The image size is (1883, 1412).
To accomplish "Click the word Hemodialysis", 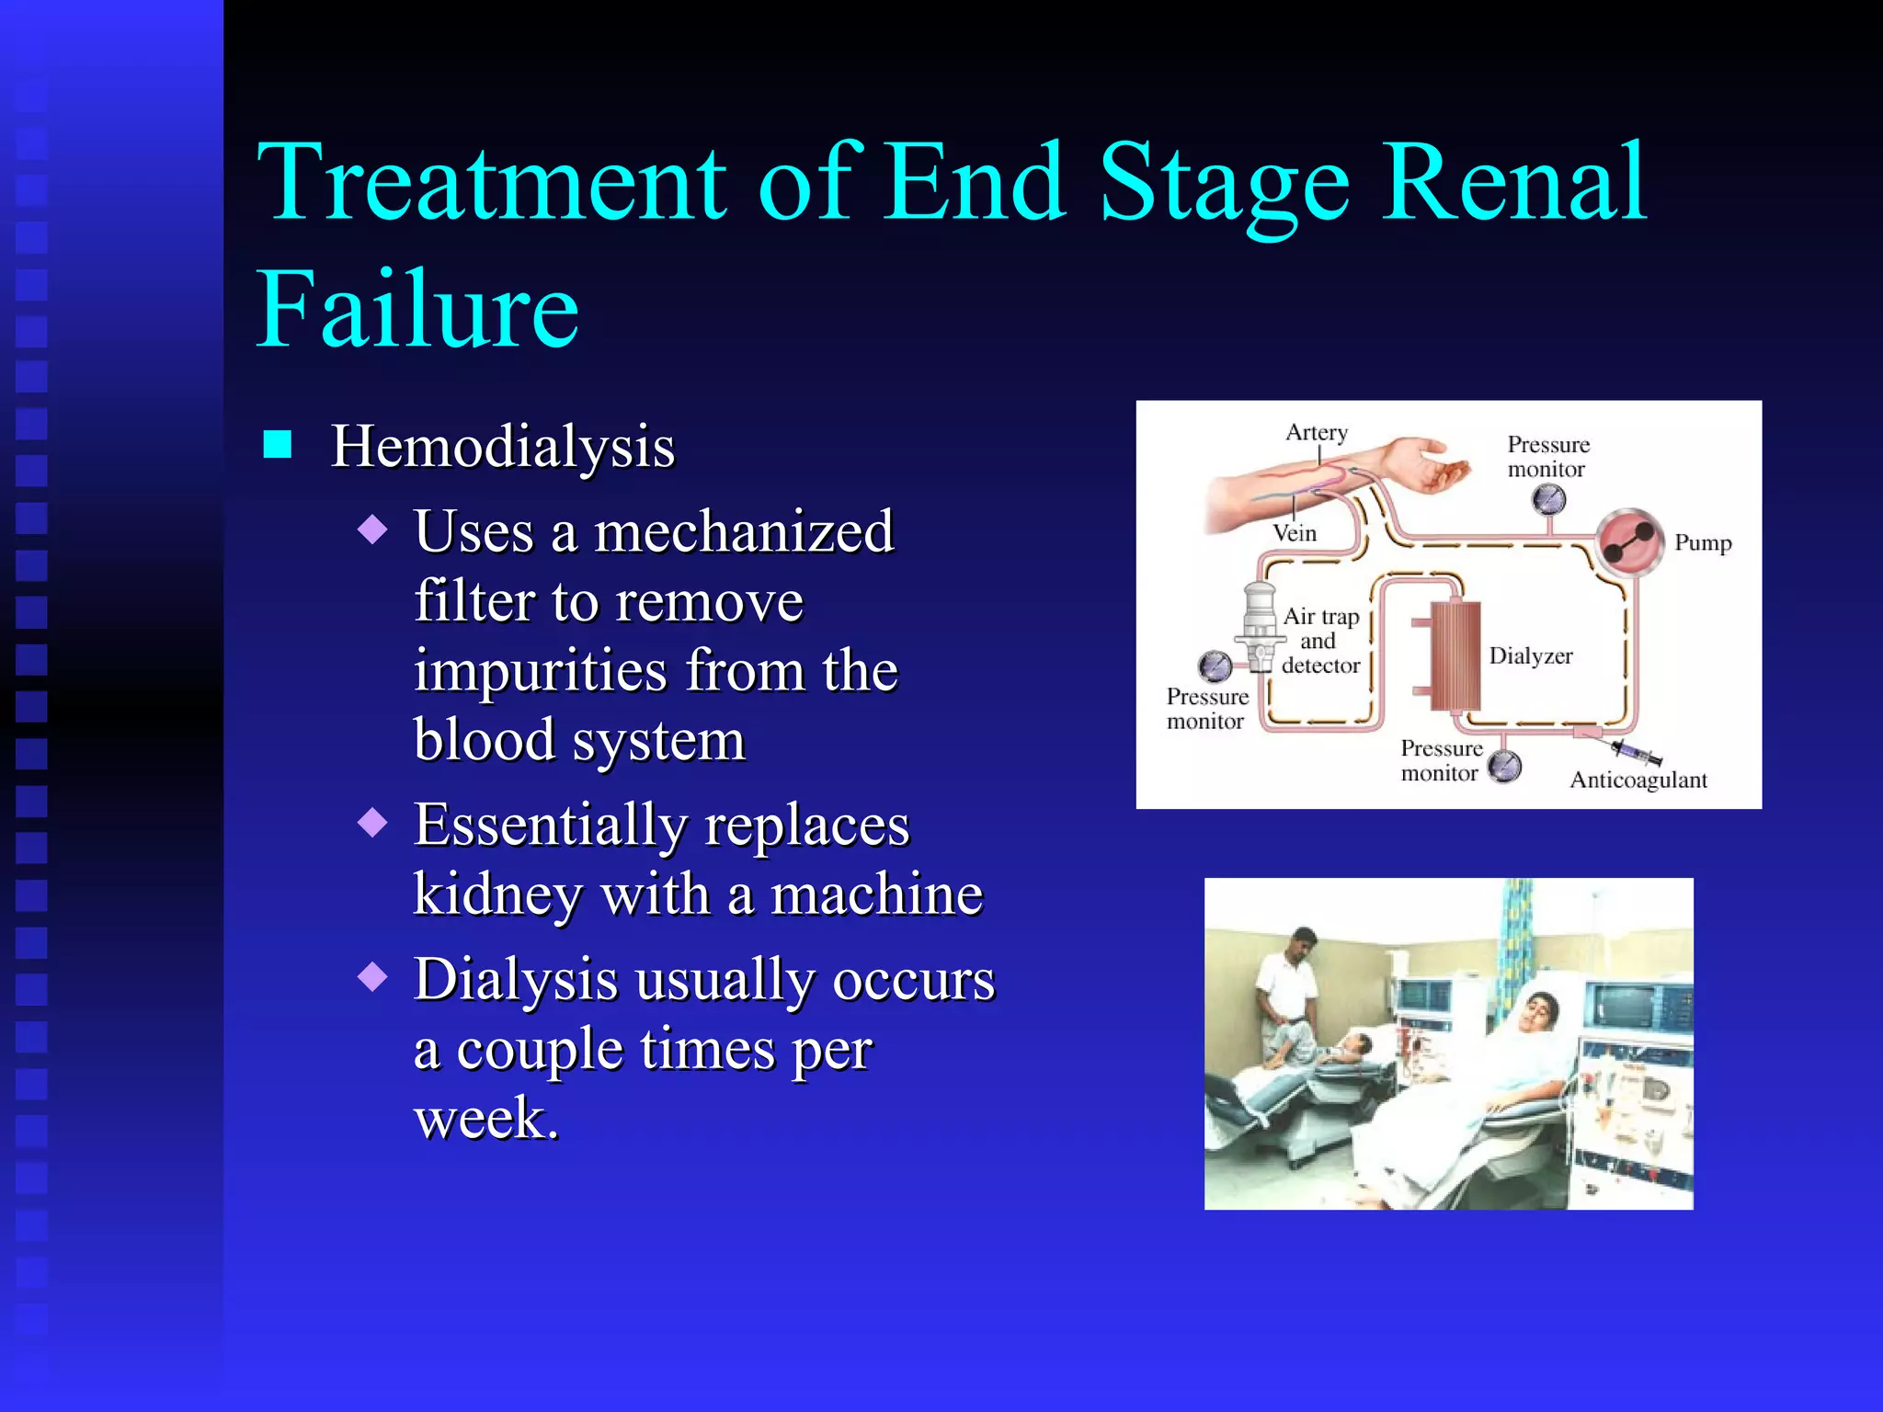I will coord(502,448).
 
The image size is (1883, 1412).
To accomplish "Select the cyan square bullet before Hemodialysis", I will coord(277,445).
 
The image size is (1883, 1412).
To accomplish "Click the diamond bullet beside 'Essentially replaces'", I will coord(372,822).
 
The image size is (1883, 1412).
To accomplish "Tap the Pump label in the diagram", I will coord(1703,542).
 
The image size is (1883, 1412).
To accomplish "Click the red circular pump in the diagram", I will coord(1628,542).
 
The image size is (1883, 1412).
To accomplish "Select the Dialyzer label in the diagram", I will coord(1531,655).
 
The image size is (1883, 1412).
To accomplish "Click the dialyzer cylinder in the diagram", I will coord(1455,655).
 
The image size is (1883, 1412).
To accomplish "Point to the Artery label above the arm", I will coord(1317,432).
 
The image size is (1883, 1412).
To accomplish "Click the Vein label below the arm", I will coord(1295,533).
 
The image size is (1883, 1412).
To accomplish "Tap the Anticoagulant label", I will coord(1638,780).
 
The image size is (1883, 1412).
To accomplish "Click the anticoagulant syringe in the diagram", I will coord(1636,753).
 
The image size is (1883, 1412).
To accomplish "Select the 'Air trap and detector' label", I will coord(1320,641).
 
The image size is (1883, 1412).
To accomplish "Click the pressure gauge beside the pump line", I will coord(1549,500).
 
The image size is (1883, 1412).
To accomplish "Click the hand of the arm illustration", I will coord(1434,464).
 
